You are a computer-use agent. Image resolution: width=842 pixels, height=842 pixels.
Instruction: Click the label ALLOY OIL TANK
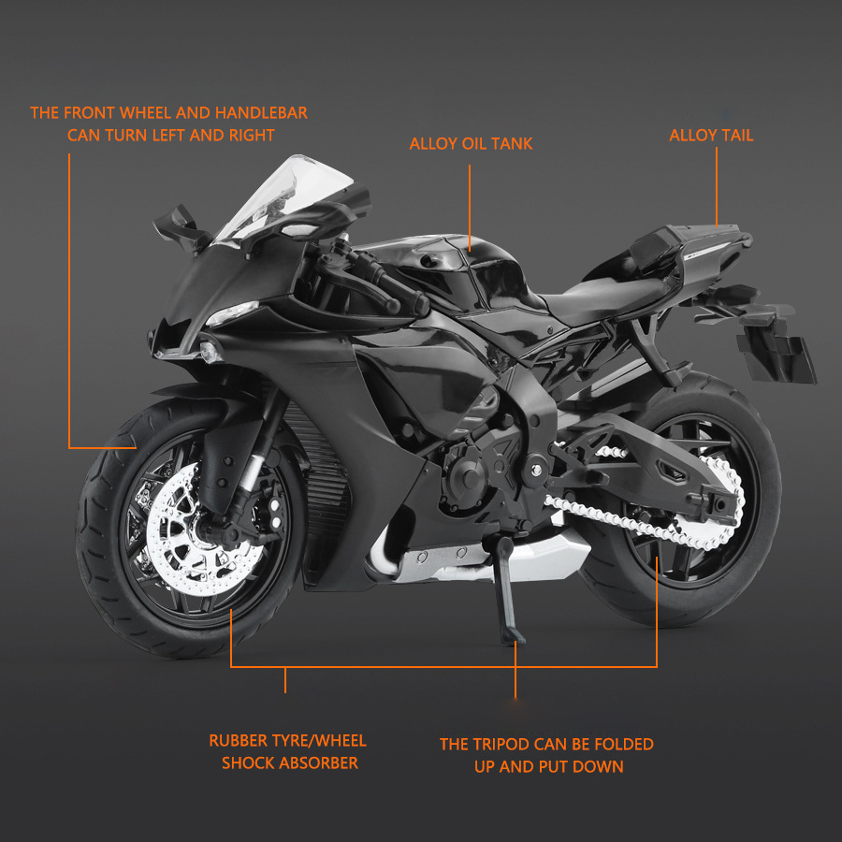point(471,144)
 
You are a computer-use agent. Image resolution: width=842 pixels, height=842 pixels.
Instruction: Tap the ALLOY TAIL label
point(711,136)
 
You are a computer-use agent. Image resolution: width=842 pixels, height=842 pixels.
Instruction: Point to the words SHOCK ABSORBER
point(290,763)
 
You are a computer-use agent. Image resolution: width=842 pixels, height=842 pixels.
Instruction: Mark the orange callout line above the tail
point(718,187)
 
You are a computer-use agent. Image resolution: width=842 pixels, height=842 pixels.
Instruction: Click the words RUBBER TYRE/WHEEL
point(287,741)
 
